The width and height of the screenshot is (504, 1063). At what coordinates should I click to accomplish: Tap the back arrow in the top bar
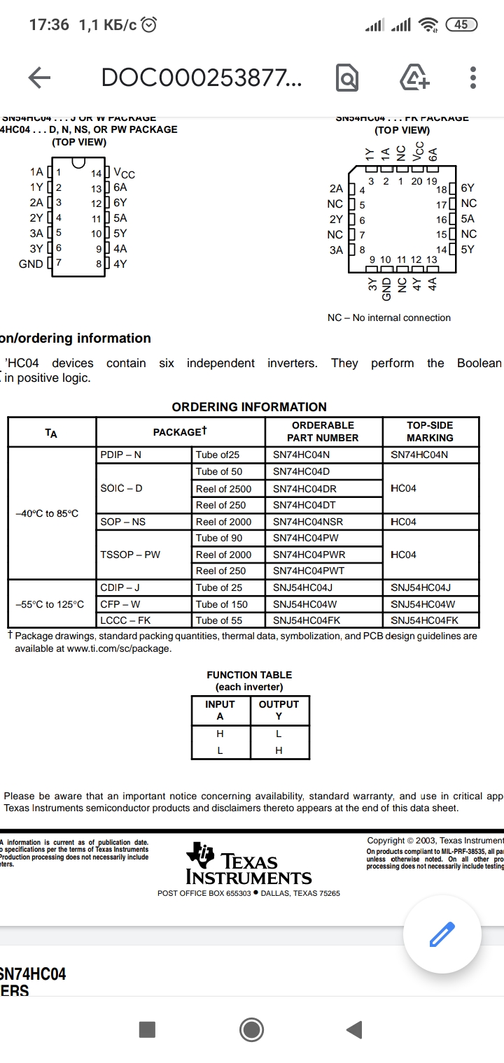coord(39,78)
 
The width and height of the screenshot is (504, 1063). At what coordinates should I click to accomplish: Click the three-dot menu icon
coord(474,78)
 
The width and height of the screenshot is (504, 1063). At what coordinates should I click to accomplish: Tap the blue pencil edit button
coord(442,933)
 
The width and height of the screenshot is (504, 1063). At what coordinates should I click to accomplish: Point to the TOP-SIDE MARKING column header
coord(430,431)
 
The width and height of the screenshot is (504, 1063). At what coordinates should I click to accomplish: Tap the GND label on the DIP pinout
coord(31,264)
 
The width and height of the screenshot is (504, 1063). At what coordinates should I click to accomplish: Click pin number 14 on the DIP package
coord(97,173)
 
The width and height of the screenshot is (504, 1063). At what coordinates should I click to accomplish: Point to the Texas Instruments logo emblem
coord(201,855)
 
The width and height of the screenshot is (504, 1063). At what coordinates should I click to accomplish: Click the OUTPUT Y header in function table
coord(279,710)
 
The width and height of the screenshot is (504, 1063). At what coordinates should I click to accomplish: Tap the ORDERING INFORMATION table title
coord(249,407)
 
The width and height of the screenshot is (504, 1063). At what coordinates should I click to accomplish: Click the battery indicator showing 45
coord(461,24)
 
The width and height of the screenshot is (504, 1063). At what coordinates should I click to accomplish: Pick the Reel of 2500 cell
coord(223,488)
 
